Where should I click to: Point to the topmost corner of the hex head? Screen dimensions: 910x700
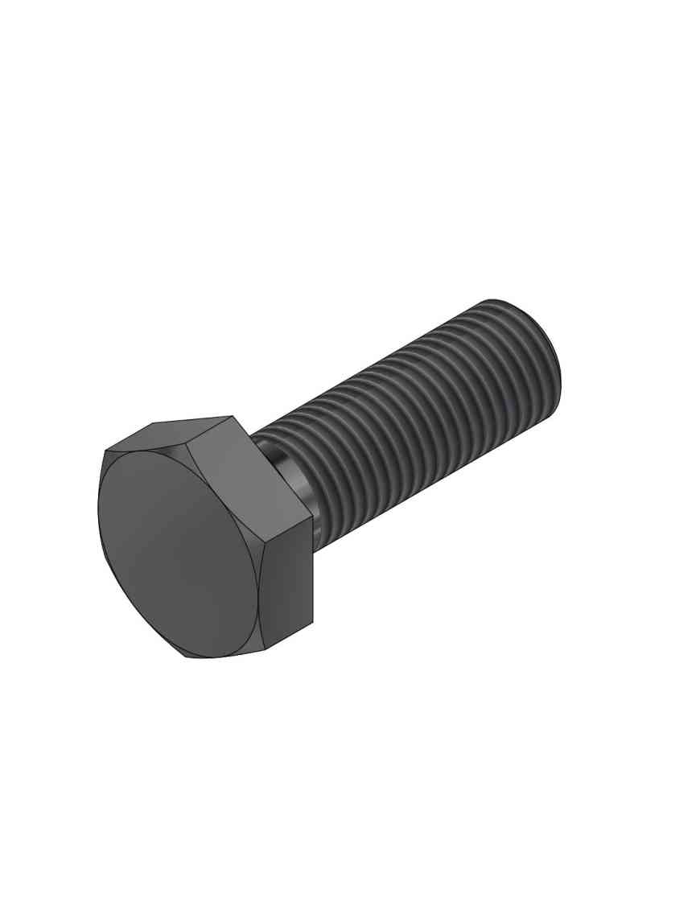coord(233,416)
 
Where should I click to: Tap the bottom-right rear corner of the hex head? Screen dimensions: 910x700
coord(312,623)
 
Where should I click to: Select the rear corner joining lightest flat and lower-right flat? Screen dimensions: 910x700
coord(312,517)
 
